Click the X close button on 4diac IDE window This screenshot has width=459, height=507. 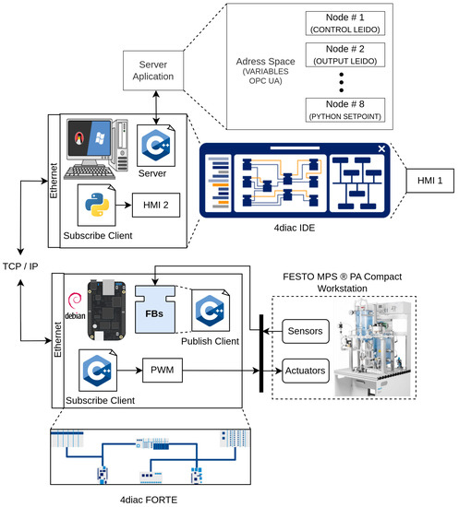380,148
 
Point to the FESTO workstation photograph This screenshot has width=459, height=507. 388,342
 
